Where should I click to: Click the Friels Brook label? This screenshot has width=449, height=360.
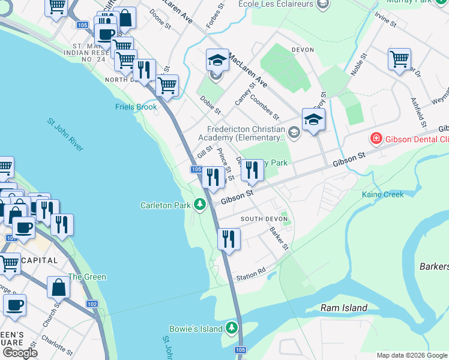click(x=136, y=107)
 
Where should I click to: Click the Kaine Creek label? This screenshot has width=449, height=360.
click(x=382, y=194)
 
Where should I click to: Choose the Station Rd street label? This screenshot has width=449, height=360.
click(x=250, y=274)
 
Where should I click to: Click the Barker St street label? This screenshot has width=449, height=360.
click(x=279, y=238)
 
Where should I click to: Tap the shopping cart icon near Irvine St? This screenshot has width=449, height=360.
click(x=399, y=59)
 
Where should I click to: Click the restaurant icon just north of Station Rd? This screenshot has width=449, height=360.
click(x=229, y=238)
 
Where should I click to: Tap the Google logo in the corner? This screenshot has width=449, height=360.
click(x=19, y=353)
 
